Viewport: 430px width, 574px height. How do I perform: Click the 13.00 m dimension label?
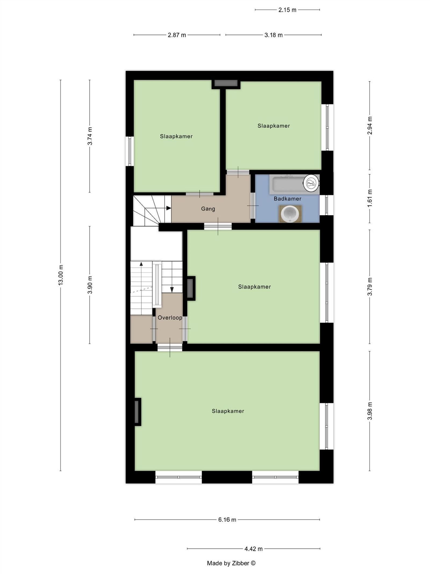(x=61, y=275)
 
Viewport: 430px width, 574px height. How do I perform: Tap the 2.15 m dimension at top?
(x=287, y=10)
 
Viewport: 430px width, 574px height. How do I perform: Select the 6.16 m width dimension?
(x=227, y=519)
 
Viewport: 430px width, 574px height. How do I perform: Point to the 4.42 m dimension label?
(x=253, y=549)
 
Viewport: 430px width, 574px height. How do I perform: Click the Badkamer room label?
(x=287, y=199)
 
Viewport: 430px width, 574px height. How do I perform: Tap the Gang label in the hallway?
(x=208, y=209)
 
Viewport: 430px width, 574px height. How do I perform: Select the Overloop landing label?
(x=170, y=318)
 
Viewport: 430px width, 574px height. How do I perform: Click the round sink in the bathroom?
(x=290, y=214)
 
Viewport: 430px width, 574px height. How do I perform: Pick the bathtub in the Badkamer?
(x=288, y=184)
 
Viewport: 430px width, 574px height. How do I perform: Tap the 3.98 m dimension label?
(x=370, y=411)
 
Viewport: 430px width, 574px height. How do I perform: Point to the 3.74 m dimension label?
(x=90, y=136)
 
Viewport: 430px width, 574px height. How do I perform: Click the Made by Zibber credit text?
(x=231, y=563)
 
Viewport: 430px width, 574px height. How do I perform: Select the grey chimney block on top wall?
(x=226, y=83)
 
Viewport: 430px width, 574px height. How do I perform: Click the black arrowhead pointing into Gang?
(x=169, y=208)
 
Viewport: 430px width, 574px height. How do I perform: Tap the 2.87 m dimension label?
(x=177, y=35)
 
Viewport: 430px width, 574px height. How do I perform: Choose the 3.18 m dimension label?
(x=273, y=35)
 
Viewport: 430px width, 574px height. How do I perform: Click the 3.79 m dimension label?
(x=370, y=286)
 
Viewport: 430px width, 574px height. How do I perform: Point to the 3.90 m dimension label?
(x=90, y=285)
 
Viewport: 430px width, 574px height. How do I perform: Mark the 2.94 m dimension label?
(x=370, y=125)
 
